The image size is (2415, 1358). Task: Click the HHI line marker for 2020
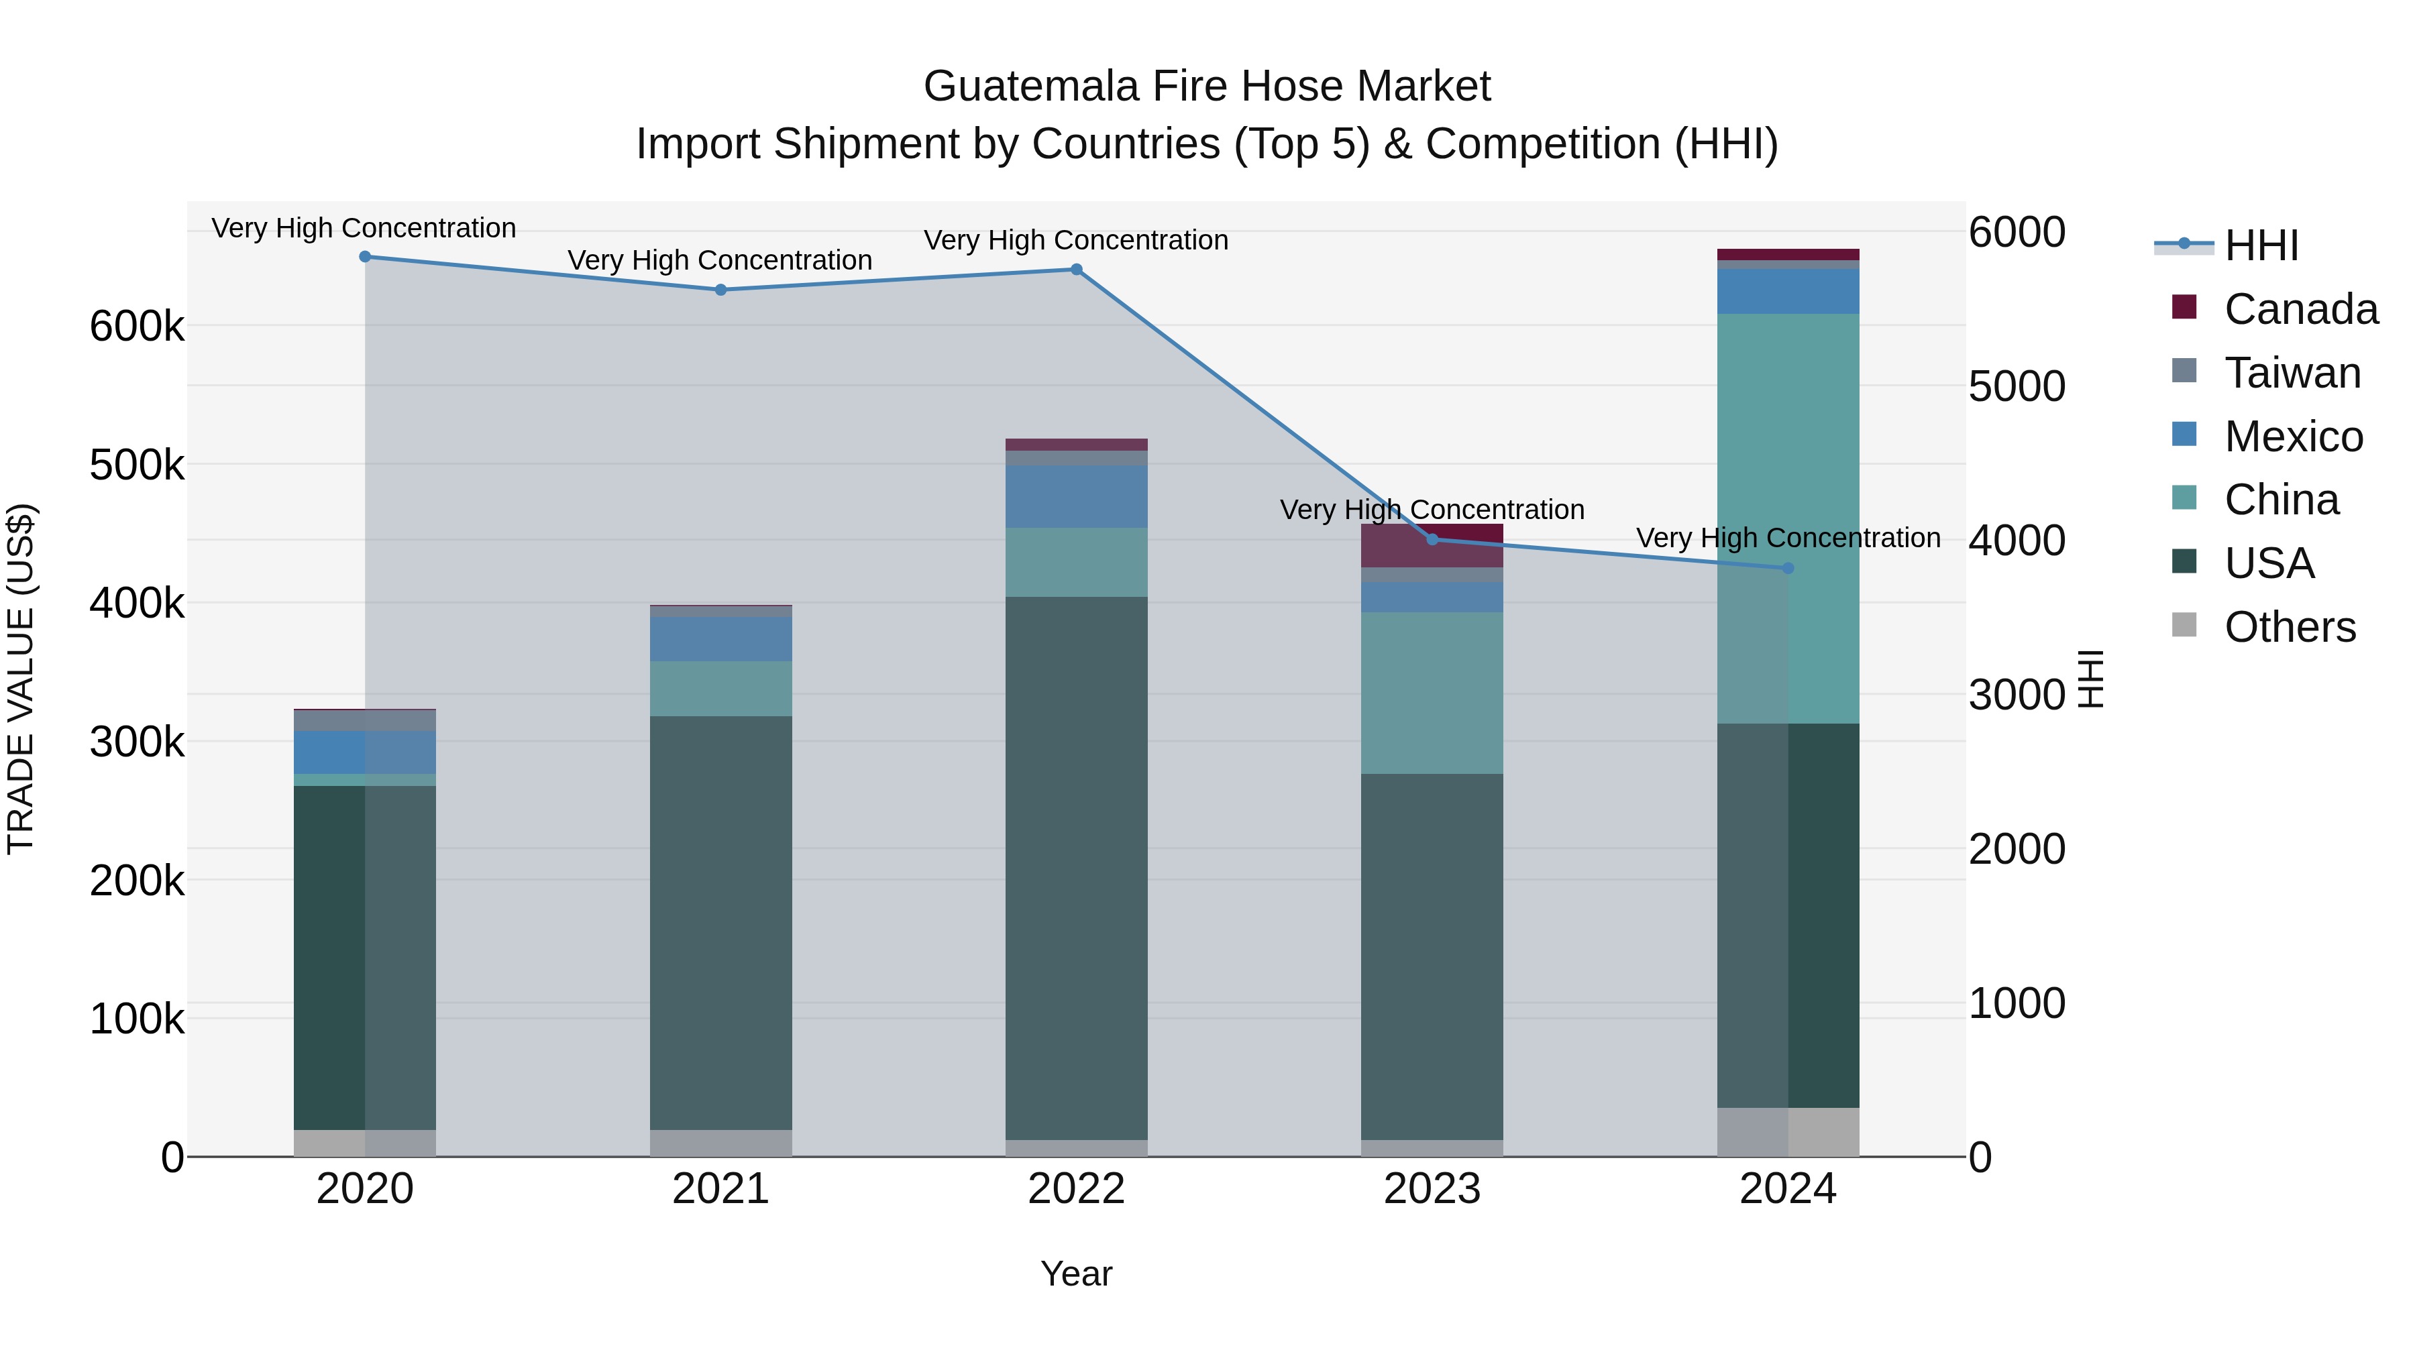[x=365, y=257]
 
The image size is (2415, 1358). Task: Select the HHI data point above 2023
[x=1432, y=539]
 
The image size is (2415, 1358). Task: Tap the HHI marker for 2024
[x=1787, y=568]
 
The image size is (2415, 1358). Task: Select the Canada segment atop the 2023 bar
[x=1432, y=545]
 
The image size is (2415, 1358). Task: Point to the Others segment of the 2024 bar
[x=1787, y=1131]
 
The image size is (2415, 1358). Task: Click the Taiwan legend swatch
[x=2184, y=371]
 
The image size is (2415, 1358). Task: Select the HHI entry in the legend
[x=2259, y=245]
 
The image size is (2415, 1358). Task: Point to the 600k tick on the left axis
[x=137, y=327]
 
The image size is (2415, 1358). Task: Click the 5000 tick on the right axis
[x=2016, y=386]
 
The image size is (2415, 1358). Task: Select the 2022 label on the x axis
[x=1076, y=1189]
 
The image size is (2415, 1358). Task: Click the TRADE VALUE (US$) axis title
[x=21, y=679]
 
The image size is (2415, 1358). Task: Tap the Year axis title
[x=1076, y=1274]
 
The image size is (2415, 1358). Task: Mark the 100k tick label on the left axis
[x=137, y=1019]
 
